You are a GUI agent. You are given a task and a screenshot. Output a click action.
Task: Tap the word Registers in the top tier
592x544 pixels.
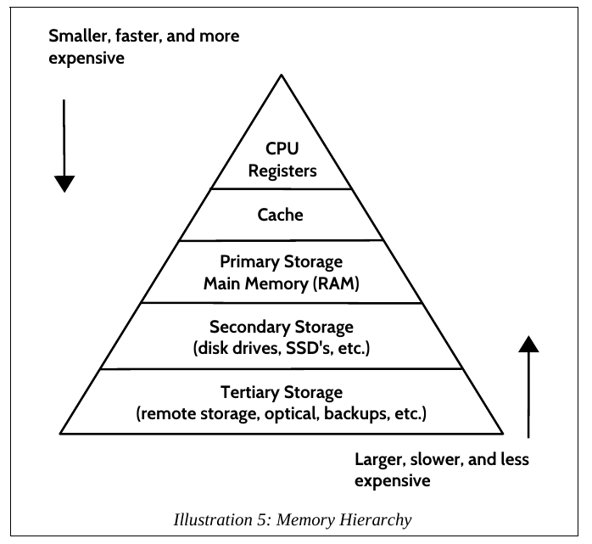[x=282, y=171]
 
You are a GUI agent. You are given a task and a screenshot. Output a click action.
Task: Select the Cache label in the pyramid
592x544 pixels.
[x=281, y=215]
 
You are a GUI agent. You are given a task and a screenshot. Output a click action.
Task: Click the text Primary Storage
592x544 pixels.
[x=281, y=262]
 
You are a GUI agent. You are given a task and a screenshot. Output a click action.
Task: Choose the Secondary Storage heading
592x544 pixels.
[x=282, y=327]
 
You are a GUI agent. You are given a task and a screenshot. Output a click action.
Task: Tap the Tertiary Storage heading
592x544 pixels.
[x=282, y=393]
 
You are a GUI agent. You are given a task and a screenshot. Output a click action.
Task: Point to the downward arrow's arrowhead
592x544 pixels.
[x=64, y=184]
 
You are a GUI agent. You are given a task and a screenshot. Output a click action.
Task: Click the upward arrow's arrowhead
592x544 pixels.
[x=528, y=343]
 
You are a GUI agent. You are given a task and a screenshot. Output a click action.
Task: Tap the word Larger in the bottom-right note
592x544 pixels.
[x=378, y=459]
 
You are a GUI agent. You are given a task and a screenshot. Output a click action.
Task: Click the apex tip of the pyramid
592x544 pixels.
[x=281, y=76]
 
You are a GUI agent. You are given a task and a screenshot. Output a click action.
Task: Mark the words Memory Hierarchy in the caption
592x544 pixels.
[x=357, y=518]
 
